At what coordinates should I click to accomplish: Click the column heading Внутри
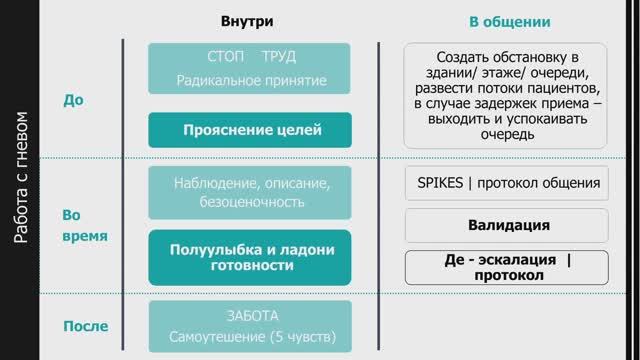point(248,20)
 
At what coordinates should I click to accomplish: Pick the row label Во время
point(84,226)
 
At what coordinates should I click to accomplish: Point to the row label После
point(85,326)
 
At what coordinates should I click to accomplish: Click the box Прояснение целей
point(251,130)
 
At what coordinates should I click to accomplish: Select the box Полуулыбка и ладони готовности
point(251,258)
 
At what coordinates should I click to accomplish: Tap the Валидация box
point(508,224)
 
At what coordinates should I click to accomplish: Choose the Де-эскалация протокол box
point(508,267)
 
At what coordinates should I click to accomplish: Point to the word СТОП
point(219,56)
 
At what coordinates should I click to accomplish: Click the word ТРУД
point(278,56)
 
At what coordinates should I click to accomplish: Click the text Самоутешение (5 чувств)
point(251,336)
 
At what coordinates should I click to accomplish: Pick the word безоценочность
point(251,203)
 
